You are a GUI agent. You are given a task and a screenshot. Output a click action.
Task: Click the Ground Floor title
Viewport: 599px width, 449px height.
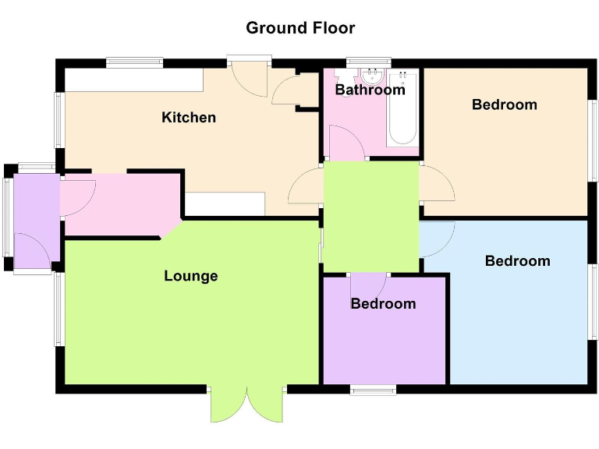300,28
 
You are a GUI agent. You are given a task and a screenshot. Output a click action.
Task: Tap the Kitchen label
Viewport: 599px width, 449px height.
189,118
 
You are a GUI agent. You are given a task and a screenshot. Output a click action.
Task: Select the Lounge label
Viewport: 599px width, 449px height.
191,276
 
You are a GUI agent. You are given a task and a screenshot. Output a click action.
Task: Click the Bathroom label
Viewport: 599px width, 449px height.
370,90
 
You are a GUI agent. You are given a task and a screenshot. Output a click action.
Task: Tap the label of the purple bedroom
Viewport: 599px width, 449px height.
383,303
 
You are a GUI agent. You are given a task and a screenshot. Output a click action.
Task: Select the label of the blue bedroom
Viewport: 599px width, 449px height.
517,261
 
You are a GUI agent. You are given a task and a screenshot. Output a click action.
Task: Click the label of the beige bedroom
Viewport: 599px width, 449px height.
505,104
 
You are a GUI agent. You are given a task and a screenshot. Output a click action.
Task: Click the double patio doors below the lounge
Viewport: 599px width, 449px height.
246,403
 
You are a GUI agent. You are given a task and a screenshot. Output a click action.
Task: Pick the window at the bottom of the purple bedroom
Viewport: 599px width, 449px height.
372,389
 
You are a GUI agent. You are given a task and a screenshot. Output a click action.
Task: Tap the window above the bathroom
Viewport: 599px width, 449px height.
367,61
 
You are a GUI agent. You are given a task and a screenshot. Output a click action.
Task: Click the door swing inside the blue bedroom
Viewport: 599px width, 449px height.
435,239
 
